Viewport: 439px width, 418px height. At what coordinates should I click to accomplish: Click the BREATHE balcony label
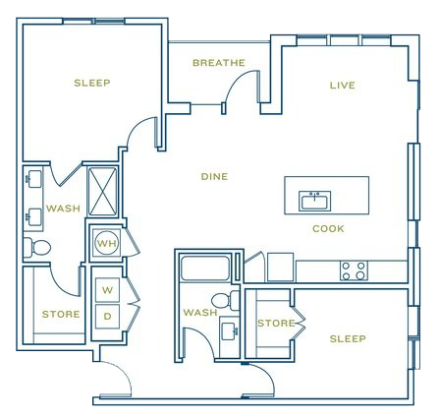click(219, 63)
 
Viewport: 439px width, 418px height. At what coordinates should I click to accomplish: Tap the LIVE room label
click(343, 86)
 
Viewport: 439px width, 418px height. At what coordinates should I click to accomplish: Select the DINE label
click(214, 177)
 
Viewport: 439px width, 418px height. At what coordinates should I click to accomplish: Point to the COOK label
click(328, 228)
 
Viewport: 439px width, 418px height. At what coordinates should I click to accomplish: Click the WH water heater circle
click(107, 243)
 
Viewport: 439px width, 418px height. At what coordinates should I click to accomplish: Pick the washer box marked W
click(107, 290)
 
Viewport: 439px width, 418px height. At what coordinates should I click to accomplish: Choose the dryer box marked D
click(107, 317)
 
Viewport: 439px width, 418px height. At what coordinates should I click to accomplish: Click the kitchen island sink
click(314, 201)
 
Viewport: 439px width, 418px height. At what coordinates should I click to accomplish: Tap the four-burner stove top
click(354, 270)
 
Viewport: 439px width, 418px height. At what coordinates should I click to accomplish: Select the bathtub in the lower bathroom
click(205, 269)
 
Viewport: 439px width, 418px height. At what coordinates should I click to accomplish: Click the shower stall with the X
click(103, 192)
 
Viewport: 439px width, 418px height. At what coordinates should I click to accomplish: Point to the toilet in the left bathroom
click(37, 248)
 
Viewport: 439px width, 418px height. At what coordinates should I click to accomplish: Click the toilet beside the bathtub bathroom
click(225, 301)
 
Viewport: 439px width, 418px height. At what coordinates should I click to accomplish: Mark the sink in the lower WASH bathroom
click(229, 331)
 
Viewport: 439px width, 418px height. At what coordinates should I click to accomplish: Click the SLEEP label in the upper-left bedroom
click(92, 83)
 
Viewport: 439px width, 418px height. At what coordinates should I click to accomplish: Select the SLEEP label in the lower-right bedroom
click(348, 338)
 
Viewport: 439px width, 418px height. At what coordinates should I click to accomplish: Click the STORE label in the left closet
click(61, 315)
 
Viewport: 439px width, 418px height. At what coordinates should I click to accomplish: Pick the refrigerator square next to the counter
click(280, 267)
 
